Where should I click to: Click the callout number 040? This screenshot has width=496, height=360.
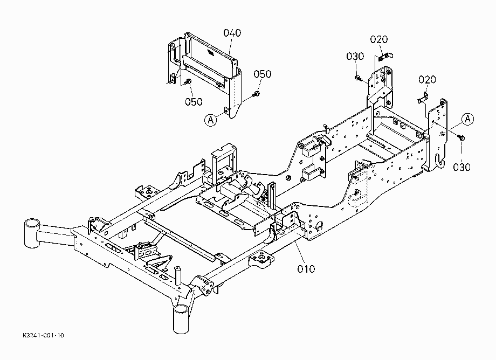232,33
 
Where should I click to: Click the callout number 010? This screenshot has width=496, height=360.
306,269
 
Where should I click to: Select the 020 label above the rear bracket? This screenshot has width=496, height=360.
379,39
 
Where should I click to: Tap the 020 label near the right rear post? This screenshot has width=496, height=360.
427,79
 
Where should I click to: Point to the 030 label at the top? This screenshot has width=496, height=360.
355,57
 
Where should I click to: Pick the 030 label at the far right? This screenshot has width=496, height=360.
462,167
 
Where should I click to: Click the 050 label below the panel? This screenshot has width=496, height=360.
194,102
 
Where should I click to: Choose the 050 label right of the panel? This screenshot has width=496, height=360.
263,74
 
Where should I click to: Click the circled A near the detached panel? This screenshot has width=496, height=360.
211,120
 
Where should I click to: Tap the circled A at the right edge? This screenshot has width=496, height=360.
467,119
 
